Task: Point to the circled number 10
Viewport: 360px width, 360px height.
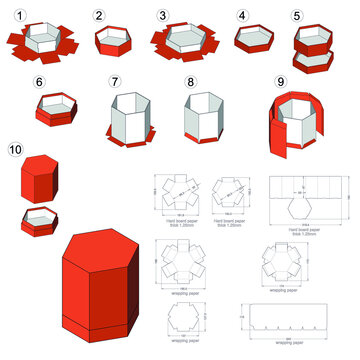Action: pos(15,150)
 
